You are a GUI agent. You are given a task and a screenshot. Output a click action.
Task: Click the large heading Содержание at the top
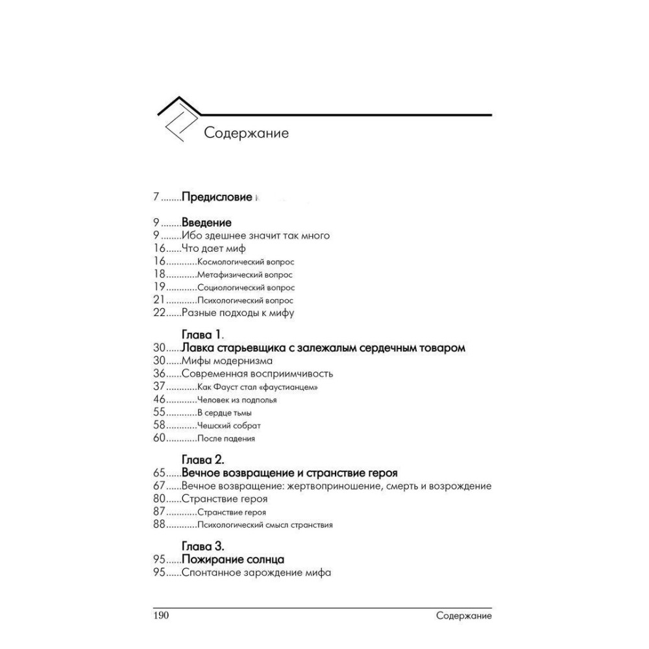(246, 133)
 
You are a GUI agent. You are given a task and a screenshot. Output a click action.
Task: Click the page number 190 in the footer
(160, 615)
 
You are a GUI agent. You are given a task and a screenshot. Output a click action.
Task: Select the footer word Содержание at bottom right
(463, 615)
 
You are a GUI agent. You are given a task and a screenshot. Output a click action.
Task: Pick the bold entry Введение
(206, 223)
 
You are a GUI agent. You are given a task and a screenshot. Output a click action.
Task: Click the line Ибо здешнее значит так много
(256, 236)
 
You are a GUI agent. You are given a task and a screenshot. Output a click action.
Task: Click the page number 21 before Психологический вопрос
(160, 300)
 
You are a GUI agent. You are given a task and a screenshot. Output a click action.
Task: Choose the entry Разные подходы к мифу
(238, 313)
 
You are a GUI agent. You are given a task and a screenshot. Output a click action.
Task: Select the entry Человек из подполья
(237, 400)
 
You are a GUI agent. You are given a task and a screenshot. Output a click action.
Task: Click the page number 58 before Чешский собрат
(160, 425)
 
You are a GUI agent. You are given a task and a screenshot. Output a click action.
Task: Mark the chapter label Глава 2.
(203, 460)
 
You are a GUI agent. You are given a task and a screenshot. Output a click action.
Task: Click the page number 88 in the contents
(160, 524)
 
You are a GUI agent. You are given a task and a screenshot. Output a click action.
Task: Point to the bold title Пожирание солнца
(233, 559)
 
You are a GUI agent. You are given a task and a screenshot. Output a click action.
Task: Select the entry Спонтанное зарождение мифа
(256, 572)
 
